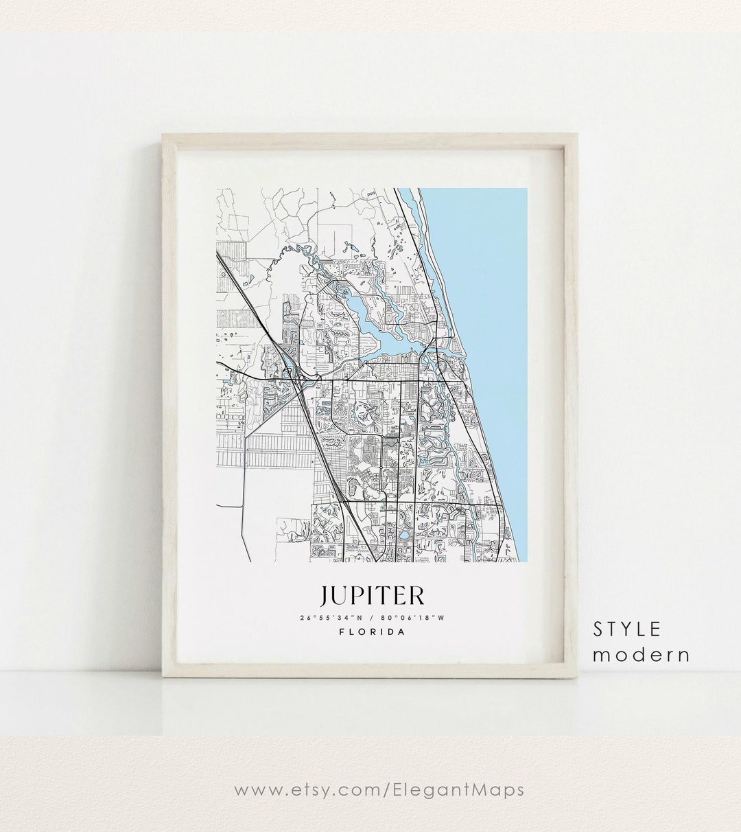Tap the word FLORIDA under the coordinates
(x=372, y=632)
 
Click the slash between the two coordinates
(x=370, y=617)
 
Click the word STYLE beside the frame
(x=627, y=629)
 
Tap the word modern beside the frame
(x=642, y=654)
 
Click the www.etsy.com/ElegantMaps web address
(x=379, y=789)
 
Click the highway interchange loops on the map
(x=296, y=376)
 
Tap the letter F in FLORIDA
(x=342, y=632)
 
